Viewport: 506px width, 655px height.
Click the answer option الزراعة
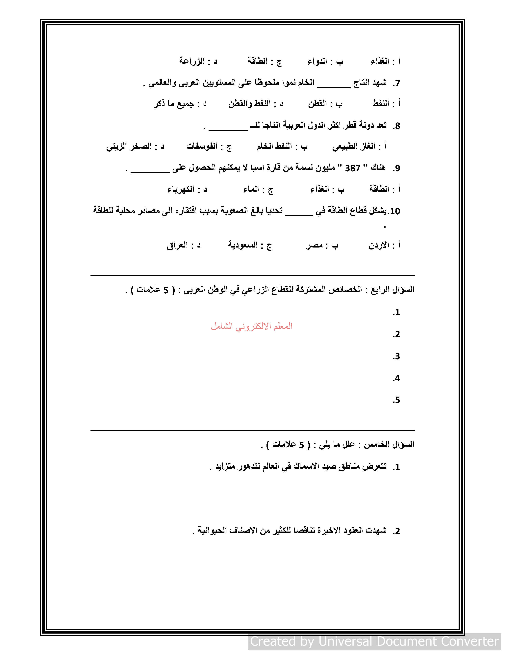[192, 61]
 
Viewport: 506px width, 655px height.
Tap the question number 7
[396, 83]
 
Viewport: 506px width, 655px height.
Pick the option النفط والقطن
[250, 104]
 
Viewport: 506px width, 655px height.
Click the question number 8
[396, 126]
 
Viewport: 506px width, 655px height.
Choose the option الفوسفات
[202, 146]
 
